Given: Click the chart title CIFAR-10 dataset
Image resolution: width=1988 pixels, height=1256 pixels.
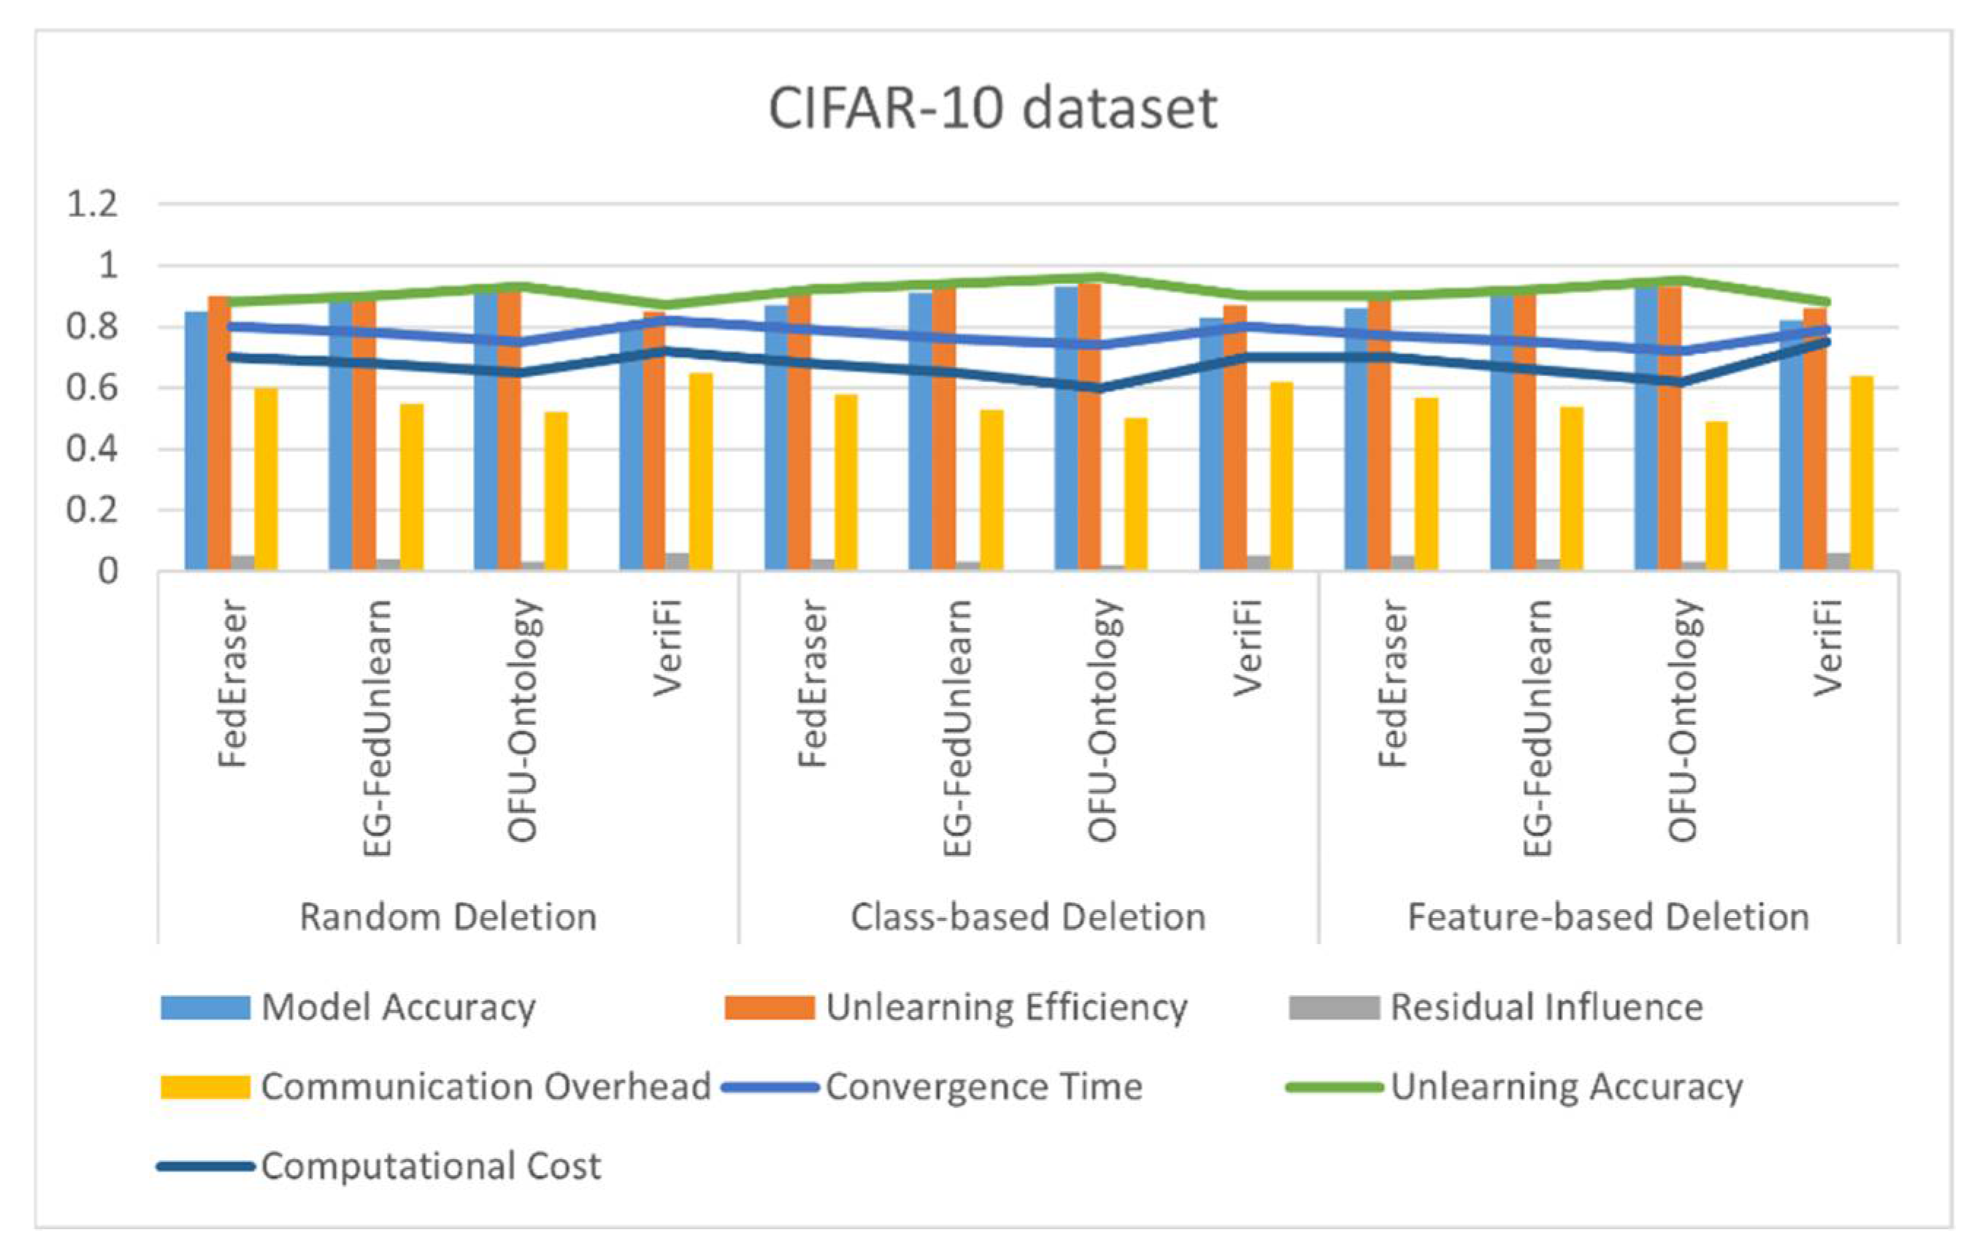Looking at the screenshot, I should tap(992, 108).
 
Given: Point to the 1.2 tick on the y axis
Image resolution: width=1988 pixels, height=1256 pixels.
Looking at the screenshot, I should tap(92, 204).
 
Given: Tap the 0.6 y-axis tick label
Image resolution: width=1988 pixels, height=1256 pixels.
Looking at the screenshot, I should tap(92, 388).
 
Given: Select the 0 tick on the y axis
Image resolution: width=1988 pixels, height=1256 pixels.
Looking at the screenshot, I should tap(107, 572).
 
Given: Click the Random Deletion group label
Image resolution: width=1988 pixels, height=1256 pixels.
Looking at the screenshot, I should tap(448, 916).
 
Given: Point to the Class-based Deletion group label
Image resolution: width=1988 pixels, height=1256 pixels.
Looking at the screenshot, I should tap(1028, 916).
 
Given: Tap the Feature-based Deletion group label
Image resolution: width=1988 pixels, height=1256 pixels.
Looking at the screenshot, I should tap(1608, 916).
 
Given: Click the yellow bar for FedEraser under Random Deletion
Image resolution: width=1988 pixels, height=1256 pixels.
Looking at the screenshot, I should tap(266, 479).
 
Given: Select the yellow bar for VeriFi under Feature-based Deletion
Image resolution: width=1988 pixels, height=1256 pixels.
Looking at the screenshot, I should tap(1862, 472).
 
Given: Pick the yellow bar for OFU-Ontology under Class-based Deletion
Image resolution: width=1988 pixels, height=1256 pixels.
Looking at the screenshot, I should tap(1136, 494).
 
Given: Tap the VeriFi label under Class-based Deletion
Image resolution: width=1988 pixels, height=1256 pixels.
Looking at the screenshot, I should tap(1248, 648).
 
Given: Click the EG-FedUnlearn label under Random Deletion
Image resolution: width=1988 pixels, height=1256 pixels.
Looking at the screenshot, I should tap(377, 727).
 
